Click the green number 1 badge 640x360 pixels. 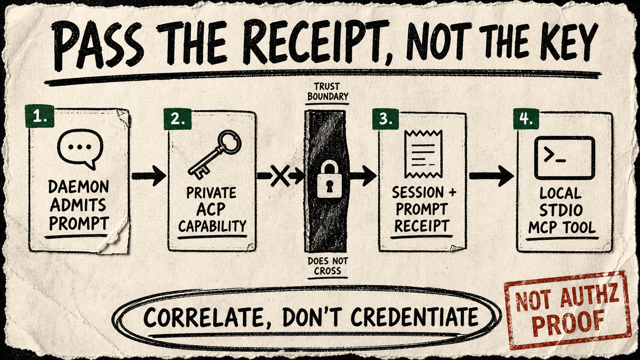39,116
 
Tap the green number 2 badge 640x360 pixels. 178,119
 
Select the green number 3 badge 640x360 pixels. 385,119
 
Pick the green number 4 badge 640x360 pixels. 526,119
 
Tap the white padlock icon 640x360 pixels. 330,179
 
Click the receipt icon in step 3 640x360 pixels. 423,154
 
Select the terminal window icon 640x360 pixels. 565,158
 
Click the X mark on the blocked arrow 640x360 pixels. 280,175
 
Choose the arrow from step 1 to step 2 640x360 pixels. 149,176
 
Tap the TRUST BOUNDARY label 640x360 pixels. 327,92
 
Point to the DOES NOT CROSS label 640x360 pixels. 328,266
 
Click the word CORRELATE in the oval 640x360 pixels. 202,317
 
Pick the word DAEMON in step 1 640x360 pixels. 78,187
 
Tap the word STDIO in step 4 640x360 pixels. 562,210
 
